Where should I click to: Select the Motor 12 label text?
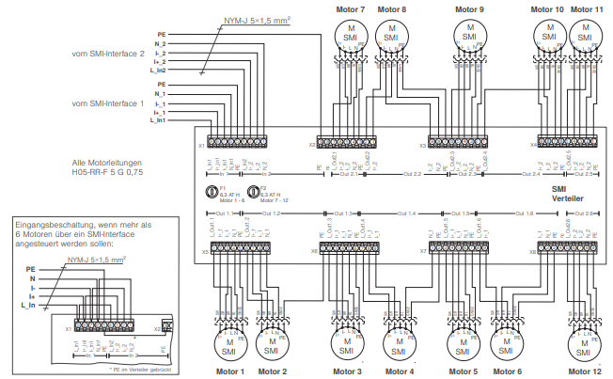coord(583,371)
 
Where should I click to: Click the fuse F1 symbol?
coord(212,191)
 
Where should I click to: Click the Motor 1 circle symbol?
coord(228,346)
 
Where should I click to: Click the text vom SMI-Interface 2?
coord(108,54)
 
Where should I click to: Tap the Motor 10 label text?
coord(547,8)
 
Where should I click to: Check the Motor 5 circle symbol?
coord(462,346)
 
